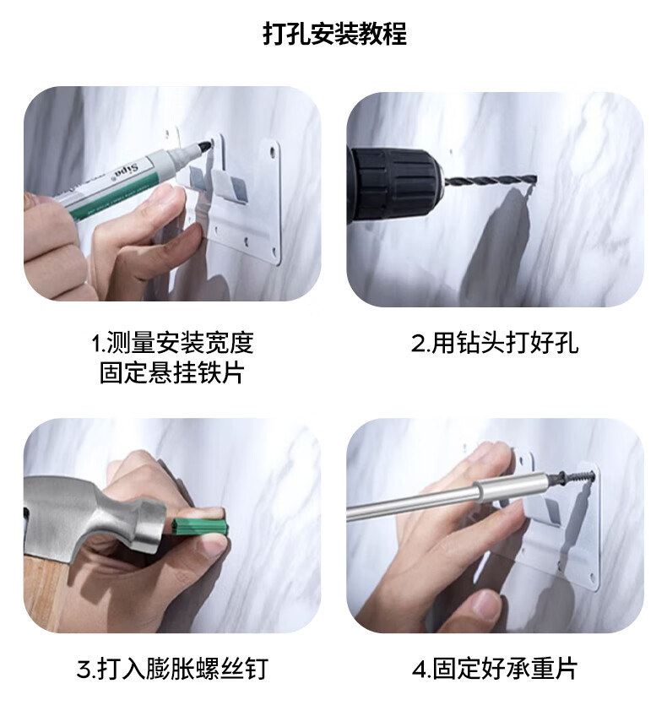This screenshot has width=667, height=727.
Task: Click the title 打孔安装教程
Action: point(334,34)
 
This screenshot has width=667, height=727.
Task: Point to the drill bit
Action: point(490,180)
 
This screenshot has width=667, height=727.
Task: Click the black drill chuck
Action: point(395,183)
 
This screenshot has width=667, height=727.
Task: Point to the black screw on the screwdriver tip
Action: point(572,478)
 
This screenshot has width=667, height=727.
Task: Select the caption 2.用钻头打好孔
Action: point(495,343)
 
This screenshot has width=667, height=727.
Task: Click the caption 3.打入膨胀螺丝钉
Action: point(172,669)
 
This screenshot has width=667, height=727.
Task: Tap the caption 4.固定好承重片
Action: point(495,669)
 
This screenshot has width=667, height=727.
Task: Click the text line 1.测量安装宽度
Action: point(172,343)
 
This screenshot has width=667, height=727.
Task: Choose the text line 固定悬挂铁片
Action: point(172,372)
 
